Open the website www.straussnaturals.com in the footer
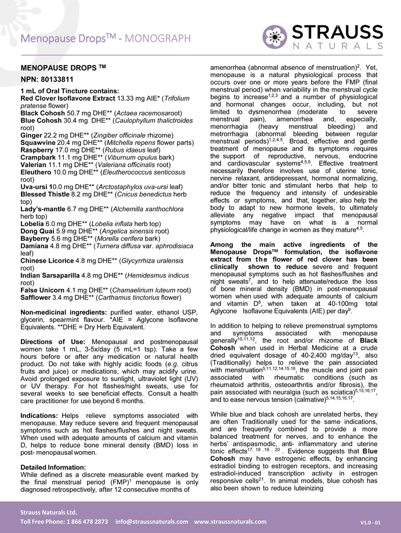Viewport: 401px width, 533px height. click(x=230, y=520)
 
